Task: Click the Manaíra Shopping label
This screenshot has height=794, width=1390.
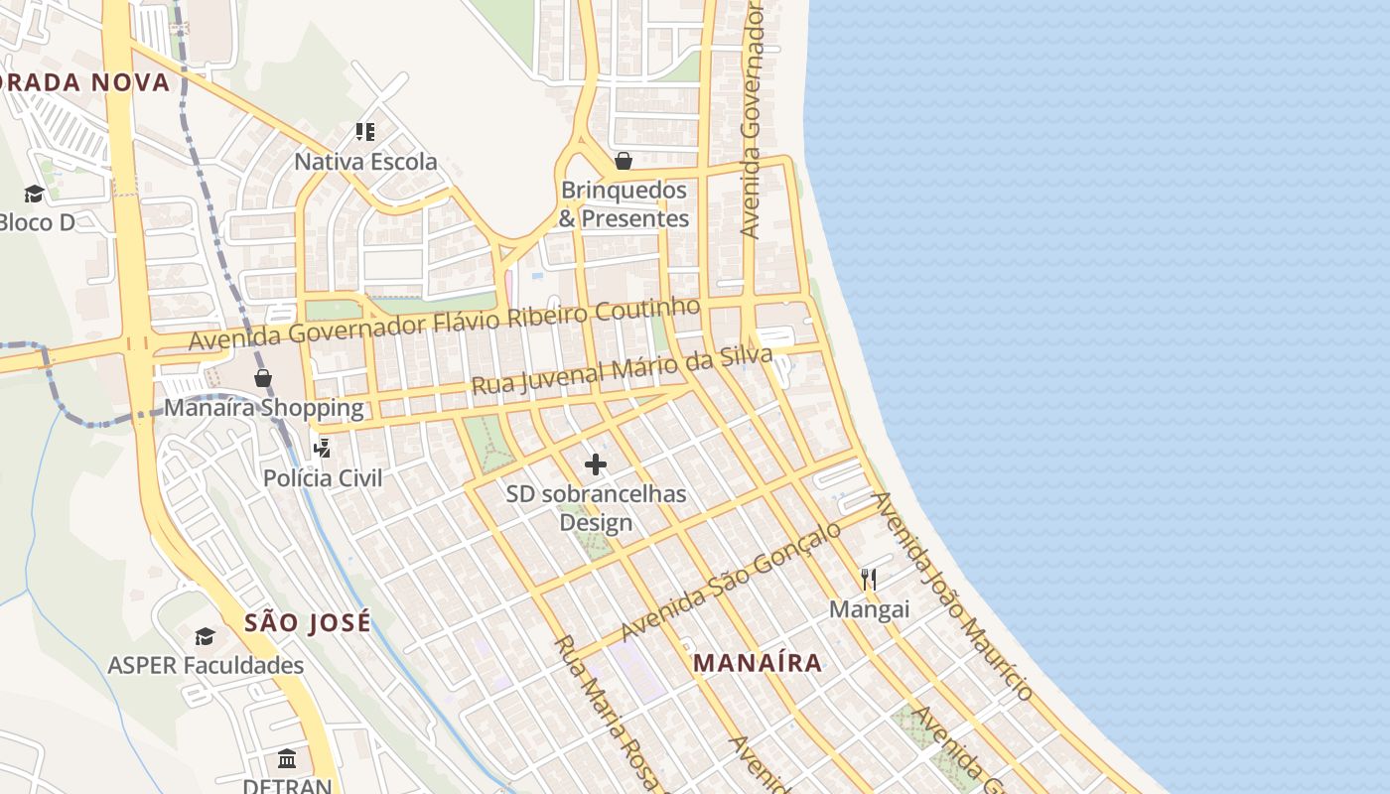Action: point(263,407)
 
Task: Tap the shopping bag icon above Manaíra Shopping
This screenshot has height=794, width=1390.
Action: point(263,378)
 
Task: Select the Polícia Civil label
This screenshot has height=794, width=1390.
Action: point(322,477)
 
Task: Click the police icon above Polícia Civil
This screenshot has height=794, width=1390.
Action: point(322,448)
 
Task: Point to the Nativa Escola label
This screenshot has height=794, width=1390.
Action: point(365,161)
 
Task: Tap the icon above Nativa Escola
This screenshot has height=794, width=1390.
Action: point(364,131)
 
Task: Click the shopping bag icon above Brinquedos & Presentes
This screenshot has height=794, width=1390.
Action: point(624,161)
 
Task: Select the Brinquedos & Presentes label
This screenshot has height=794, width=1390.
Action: point(624,204)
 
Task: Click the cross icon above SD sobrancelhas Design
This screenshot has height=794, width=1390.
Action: point(596,464)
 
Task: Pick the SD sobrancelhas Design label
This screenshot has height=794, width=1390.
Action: point(596,507)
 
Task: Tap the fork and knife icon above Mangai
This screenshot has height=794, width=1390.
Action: point(869,579)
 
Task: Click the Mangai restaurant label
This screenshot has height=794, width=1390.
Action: point(869,608)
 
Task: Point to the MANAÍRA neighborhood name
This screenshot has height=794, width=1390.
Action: point(758,663)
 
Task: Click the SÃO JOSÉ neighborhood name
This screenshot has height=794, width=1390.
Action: point(308,623)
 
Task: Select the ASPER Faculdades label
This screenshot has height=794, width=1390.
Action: point(206,665)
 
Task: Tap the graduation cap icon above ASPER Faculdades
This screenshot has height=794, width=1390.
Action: point(206,636)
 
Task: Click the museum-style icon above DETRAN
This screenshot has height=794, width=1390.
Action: point(287,759)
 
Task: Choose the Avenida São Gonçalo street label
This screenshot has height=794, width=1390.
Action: point(731,581)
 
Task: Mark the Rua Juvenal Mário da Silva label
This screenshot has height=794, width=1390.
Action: point(622,371)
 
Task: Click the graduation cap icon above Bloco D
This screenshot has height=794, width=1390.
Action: point(35,194)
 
